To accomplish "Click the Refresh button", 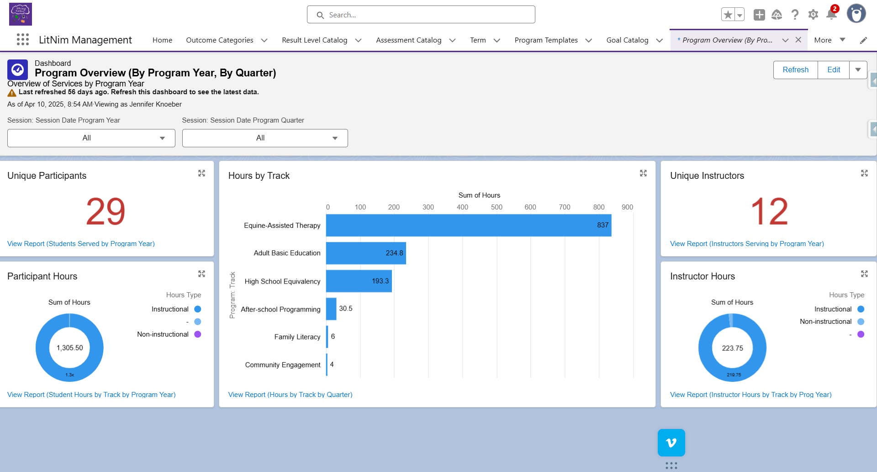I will (795, 70).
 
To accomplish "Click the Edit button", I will (833, 70).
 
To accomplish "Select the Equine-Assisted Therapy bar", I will (468, 225).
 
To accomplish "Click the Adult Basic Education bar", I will (365, 253).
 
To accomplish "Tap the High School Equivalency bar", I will (359, 281).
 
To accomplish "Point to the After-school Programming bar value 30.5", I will (345, 309).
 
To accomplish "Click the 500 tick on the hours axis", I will (497, 207).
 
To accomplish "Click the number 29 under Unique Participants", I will (106, 212).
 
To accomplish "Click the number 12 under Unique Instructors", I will (769, 212).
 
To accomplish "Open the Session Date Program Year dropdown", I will (91, 138).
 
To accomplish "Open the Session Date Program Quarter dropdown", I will (265, 138).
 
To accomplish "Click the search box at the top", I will (421, 15).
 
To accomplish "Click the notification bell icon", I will (831, 15).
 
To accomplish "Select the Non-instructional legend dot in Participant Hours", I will (198, 334).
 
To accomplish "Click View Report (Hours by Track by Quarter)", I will (290, 395).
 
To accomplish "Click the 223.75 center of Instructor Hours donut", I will (732, 348).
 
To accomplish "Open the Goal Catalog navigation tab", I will (627, 40).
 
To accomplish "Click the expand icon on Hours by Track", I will (643, 173).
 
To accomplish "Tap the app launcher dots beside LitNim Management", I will (23, 40).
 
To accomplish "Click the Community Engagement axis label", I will (283, 365).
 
